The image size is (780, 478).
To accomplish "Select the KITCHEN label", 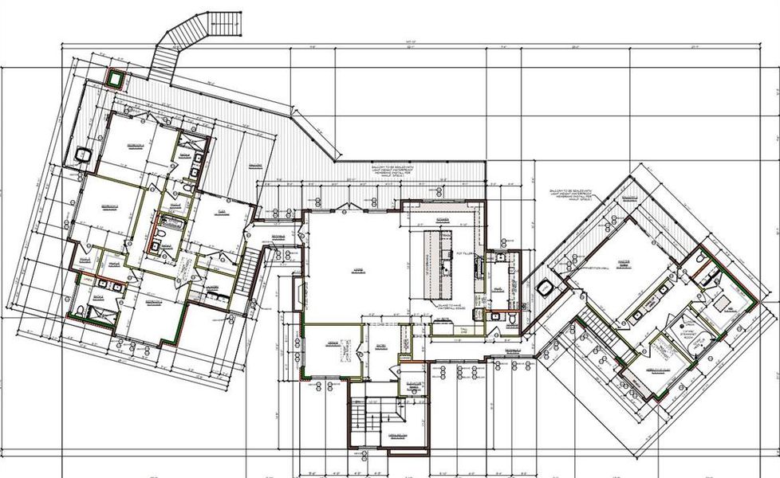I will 443,217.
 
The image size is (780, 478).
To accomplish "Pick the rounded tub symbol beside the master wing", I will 546,288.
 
